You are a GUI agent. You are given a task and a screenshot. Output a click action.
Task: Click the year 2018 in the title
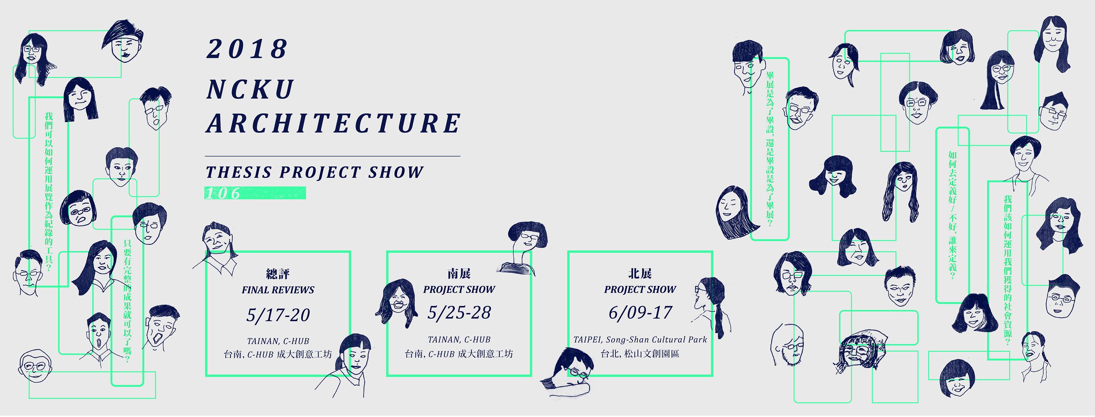(247, 49)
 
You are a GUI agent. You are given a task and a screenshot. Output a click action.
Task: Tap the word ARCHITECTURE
(333, 123)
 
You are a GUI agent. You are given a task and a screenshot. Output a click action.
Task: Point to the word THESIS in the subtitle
(238, 172)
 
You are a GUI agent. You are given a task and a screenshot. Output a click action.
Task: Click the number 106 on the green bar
(222, 193)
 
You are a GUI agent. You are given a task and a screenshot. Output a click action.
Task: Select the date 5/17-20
(278, 315)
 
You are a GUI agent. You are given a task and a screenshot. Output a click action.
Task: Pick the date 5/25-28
(459, 313)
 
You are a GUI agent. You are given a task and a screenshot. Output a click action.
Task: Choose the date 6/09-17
(640, 313)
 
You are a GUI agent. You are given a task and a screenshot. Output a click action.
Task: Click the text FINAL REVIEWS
(278, 290)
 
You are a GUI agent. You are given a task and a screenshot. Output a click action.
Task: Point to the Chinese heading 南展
(459, 273)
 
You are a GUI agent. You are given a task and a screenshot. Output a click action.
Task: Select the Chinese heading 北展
(640, 273)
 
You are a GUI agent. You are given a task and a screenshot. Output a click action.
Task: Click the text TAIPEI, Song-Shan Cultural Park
(640, 339)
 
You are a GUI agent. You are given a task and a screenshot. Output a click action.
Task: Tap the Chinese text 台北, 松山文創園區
(640, 354)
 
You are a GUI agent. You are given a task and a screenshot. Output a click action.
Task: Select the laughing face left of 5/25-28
(394, 302)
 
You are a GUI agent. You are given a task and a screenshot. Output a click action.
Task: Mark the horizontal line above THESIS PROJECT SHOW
(333, 156)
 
